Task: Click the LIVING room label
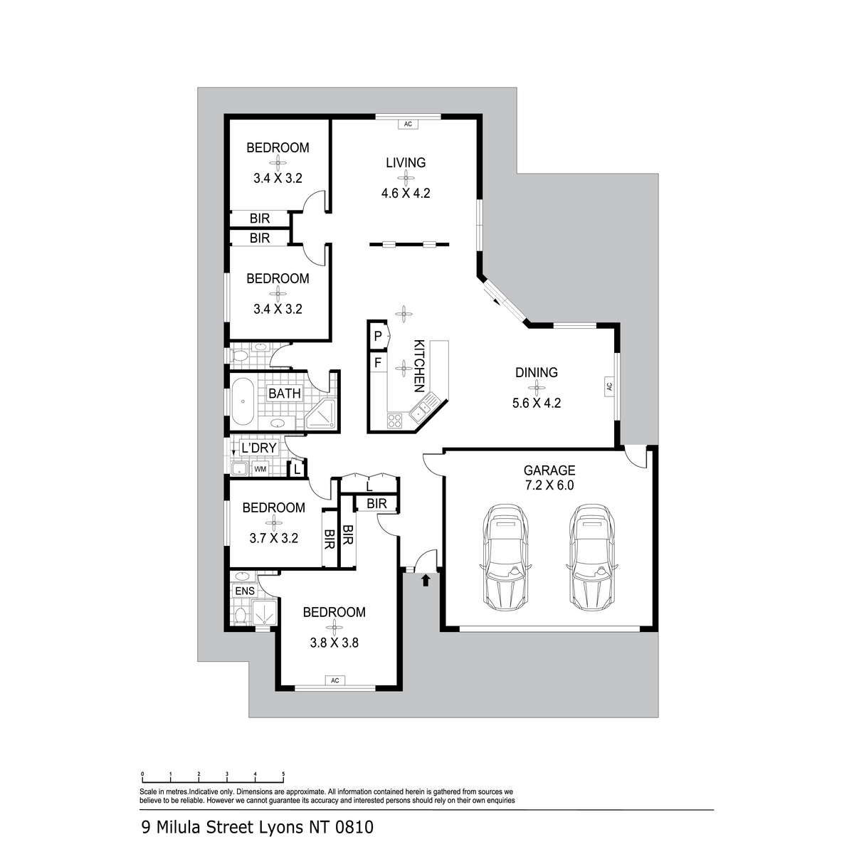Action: (406, 163)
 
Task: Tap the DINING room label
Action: (537, 372)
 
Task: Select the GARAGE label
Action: (549, 470)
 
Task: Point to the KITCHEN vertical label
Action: (418, 366)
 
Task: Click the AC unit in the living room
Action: (408, 124)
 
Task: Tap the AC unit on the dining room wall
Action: (609, 386)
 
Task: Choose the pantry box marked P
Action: (378, 337)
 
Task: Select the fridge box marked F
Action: (378, 362)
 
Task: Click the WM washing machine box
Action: (260, 468)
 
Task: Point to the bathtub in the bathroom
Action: (242, 401)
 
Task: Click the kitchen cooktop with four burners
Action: (394, 420)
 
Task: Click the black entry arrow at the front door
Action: (426, 580)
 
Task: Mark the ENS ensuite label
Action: (245, 591)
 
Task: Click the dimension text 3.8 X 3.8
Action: (334, 643)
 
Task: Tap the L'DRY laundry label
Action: (259, 448)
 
